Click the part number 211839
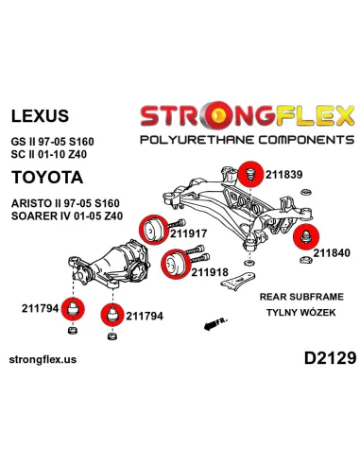click(283, 174)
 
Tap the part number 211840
click(332, 252)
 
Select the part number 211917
click(189, 233)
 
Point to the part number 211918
click(210, 272)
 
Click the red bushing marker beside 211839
click(250, 174)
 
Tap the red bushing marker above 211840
click(306, 237)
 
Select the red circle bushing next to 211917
click(152, 230)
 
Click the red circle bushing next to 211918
click(175, 265)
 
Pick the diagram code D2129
click(330, 358)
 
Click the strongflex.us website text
click(43, 359)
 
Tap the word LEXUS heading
click(40, 115)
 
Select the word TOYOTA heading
click(47, 177)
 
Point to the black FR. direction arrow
click(214, 324)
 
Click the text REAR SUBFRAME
click(301, 297)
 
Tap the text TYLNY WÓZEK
click(301, 313)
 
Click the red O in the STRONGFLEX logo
click(218, 115)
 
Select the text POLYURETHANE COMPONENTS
click(248, 140)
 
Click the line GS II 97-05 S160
click(53, 142)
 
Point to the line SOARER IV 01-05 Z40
click(67, 216)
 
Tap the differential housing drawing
click(109, 265)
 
